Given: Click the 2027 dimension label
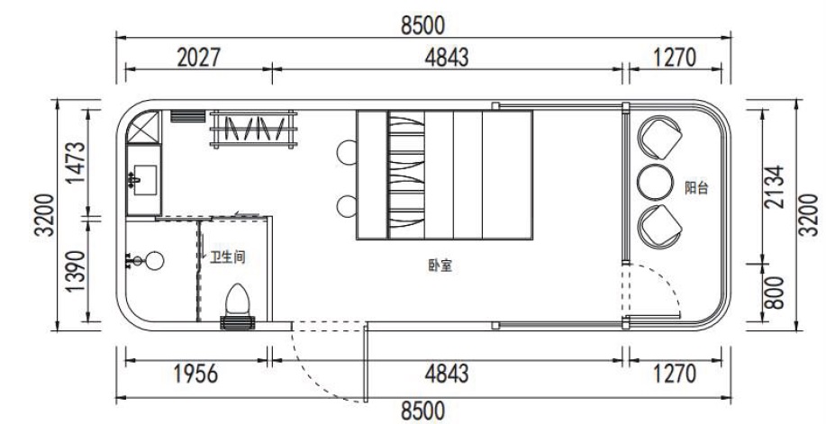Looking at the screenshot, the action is point(198,58).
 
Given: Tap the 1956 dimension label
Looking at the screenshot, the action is point(195,374).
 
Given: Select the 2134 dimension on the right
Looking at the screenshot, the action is point(775,187).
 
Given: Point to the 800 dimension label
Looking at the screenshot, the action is point(775,293).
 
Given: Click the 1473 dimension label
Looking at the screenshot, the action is point(77,162).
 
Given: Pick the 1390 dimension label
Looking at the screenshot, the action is point(77,271).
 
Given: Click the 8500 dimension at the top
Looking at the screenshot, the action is point(422,24).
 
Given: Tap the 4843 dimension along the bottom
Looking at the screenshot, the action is point(447,374).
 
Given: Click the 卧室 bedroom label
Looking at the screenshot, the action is point(440,266).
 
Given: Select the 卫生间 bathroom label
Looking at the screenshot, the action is point(228,257).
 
